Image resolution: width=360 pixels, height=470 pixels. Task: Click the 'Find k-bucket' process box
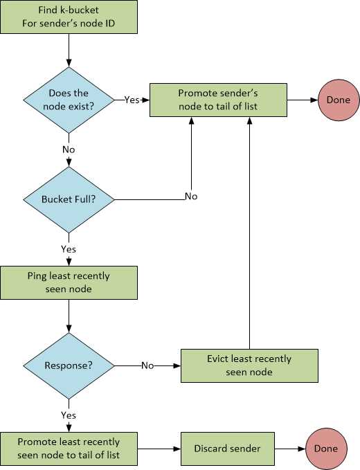69,17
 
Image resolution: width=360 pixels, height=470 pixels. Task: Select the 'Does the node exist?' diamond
69,100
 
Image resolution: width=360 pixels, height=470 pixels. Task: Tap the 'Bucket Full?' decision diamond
69,199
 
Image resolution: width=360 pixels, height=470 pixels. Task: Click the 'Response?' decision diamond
69,365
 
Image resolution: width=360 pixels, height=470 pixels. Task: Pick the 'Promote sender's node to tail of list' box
219,100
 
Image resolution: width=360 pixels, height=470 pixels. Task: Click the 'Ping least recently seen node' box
69,282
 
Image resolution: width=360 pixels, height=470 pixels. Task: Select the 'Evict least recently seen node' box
249,365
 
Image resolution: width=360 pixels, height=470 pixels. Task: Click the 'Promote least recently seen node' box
69,449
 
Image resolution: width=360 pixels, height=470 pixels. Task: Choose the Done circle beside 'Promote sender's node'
339,100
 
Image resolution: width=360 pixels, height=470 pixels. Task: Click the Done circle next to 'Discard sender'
325,449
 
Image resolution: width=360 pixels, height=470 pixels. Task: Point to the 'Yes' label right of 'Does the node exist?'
132,100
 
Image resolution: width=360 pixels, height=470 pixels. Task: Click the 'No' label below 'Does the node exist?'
69,149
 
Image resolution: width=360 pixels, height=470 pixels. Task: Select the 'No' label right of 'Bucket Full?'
190,197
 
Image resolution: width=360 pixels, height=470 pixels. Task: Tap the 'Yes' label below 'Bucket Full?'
69,248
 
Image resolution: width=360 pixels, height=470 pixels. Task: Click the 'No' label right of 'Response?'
147,365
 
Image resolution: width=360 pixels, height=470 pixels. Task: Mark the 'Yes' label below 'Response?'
69,415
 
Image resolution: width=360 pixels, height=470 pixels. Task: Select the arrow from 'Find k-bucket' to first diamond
69,50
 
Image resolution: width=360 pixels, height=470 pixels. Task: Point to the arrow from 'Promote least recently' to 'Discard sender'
159,449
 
